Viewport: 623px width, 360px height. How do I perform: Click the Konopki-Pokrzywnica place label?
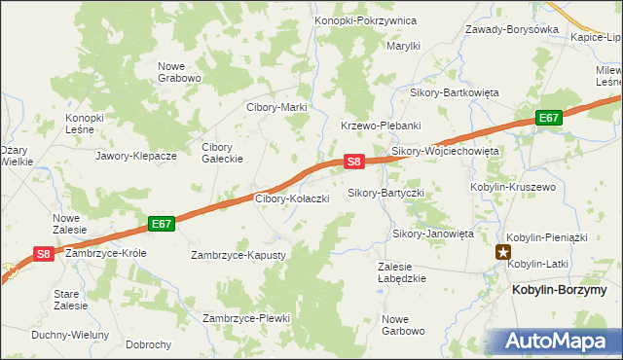[365, 20]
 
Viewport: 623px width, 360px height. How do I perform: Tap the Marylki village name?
[403, 46]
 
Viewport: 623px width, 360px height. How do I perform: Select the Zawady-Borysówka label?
[512, 29]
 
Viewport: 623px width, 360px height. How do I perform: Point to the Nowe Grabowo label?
[179, 72]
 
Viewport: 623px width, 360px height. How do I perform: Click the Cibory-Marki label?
[276, 107]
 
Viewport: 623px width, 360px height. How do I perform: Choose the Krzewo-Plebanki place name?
[380, 126]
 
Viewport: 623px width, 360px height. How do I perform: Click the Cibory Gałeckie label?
[222, 154]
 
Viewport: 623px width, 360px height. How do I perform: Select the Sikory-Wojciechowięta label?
[445, 152]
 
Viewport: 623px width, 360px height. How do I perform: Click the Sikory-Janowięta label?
[433, 234]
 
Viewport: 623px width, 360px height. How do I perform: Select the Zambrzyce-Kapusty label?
[238, 255]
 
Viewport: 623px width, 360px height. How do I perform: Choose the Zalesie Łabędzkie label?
[402, 271]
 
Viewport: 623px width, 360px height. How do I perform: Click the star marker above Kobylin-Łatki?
[504, 252]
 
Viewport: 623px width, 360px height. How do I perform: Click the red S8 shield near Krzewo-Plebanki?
[354, 162]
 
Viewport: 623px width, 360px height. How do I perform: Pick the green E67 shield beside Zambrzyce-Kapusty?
[162, 224]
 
